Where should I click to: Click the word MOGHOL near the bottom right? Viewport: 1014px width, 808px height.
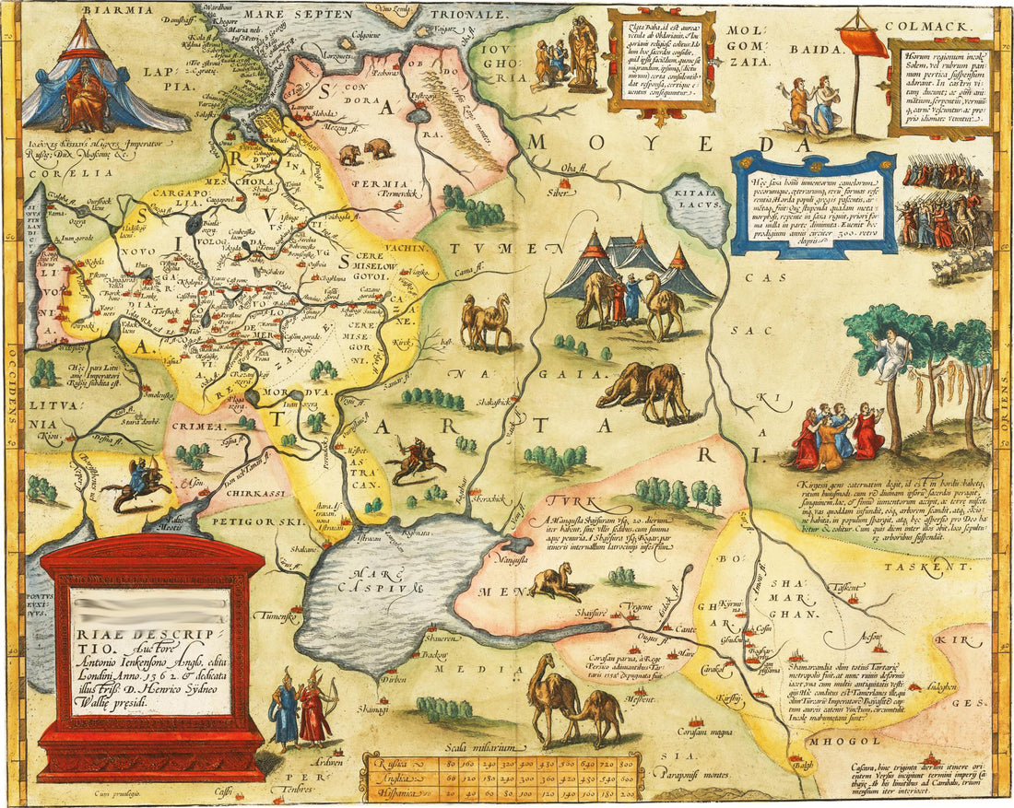(x=840, y=742)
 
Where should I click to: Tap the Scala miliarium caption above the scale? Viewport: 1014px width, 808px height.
(x=483, y=745)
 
